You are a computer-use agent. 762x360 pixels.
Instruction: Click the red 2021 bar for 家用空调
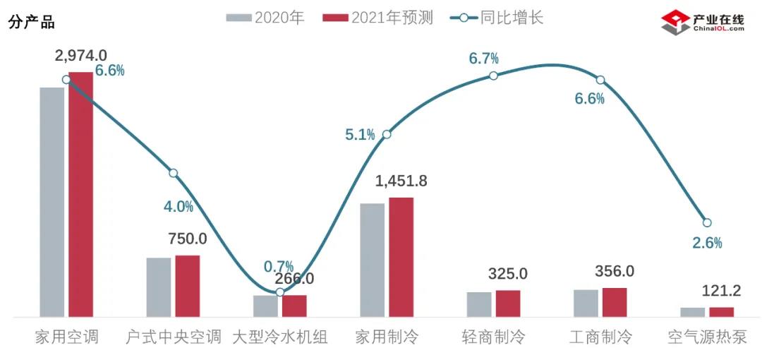click(80, 194)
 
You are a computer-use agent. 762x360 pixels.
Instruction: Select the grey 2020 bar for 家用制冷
click(373, 260)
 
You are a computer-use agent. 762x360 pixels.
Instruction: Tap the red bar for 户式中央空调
click(188, 286)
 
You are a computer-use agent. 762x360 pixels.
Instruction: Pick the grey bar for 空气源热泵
click(693, 312)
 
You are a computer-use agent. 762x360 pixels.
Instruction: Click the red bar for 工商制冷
click(615, 302)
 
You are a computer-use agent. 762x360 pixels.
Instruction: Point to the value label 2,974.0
click(81, 55)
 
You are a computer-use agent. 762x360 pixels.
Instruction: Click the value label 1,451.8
click(401, 181)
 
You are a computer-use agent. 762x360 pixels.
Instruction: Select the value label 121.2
click(721, 291)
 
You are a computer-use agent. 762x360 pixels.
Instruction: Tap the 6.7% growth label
click(484, 59)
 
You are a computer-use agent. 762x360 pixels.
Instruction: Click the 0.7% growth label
click(278, 266)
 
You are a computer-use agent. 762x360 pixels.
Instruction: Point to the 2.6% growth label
click(707, 243)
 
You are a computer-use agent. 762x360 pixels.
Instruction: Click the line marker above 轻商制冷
click(494, 76)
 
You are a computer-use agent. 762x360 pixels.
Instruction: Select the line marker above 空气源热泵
click(708, 223)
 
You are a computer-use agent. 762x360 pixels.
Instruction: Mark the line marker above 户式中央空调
click(174, 173)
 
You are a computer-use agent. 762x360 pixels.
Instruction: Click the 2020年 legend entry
click(265, 18)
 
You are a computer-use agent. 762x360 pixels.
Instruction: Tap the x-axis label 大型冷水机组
click(280, 337)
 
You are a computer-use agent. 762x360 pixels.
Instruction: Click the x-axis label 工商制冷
click(600, 337)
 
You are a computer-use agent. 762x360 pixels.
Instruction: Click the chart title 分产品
click(31, 22)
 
